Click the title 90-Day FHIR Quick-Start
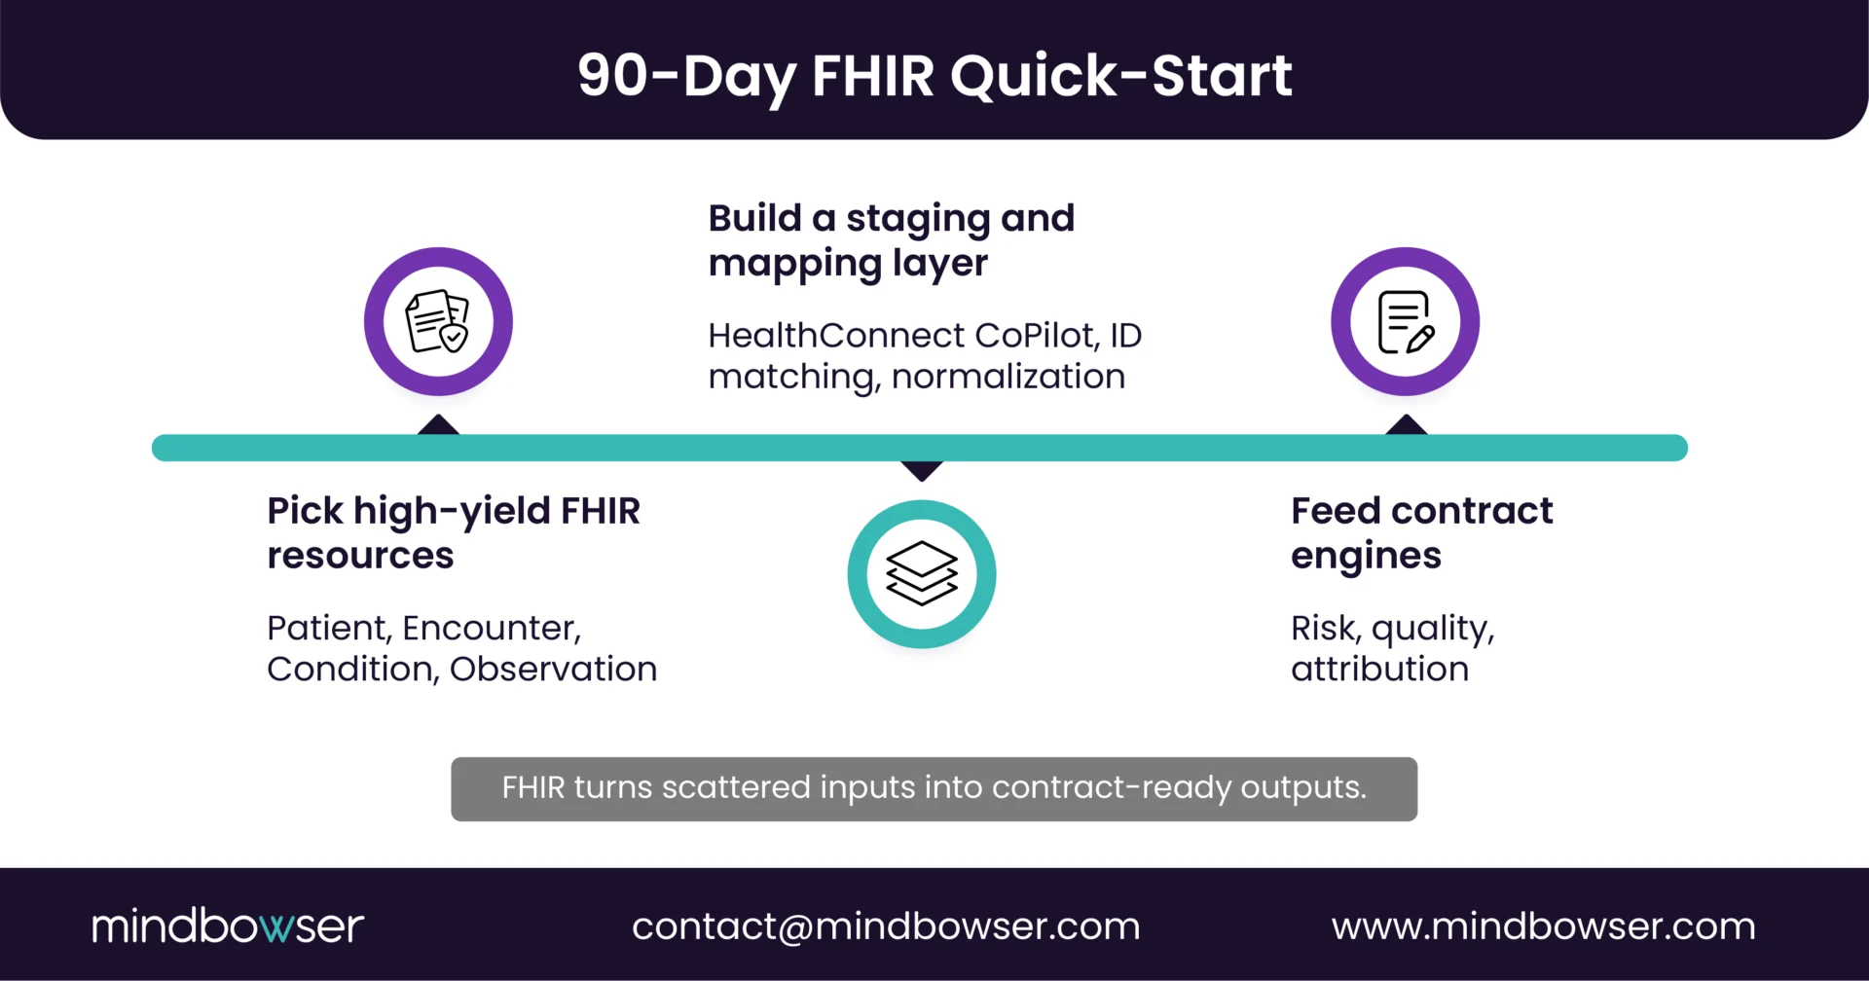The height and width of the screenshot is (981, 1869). pos(934,76)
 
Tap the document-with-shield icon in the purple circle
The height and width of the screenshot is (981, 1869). pos(438,322)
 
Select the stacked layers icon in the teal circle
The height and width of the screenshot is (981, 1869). pos(922,574)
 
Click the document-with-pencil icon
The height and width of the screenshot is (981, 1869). pos(1405,322)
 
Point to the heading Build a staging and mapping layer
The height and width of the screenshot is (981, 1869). pos(891,240)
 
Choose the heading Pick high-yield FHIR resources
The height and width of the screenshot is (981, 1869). pos(454,532)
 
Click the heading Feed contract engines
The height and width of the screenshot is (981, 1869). pos(1421,532)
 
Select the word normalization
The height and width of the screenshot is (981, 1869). pos(1008,377)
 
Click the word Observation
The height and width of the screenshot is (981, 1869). pos(553,670)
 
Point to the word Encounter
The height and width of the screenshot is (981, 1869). pos(492,629)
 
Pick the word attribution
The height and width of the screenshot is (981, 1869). pos(1379,670)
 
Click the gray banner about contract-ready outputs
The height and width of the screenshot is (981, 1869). pos(934,788)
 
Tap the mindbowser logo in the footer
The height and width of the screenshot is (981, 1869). pos(228,926)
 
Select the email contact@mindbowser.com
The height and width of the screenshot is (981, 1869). pos(886,926)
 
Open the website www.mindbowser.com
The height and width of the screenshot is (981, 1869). pos(1543,926)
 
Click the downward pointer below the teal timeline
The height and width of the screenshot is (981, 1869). pos(922,471)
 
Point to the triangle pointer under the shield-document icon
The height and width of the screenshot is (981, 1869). pos(438,425)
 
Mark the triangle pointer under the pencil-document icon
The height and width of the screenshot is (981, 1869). pos(1406,425)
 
